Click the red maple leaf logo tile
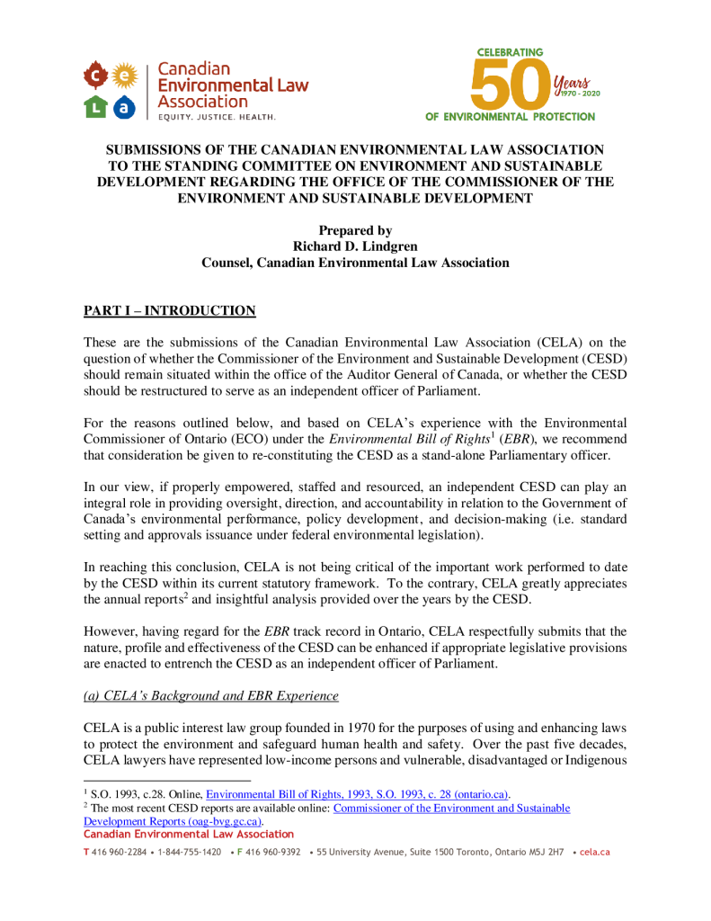96,75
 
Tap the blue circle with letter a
124,107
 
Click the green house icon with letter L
96,107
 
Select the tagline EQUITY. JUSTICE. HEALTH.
217,117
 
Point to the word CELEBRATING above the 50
510,52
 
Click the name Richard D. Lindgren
355,247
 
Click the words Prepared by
355,231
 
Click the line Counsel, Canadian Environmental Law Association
355,264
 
